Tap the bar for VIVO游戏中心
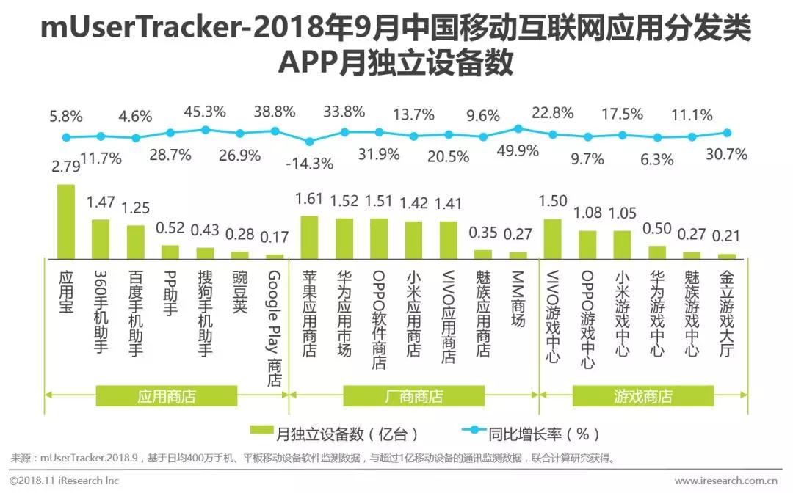[x=553, y=238]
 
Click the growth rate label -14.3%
[x=309, y=163]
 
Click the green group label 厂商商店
[x=414, y=397]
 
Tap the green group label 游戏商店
[x=643, y=397]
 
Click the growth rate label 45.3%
[x=206, y=112]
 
